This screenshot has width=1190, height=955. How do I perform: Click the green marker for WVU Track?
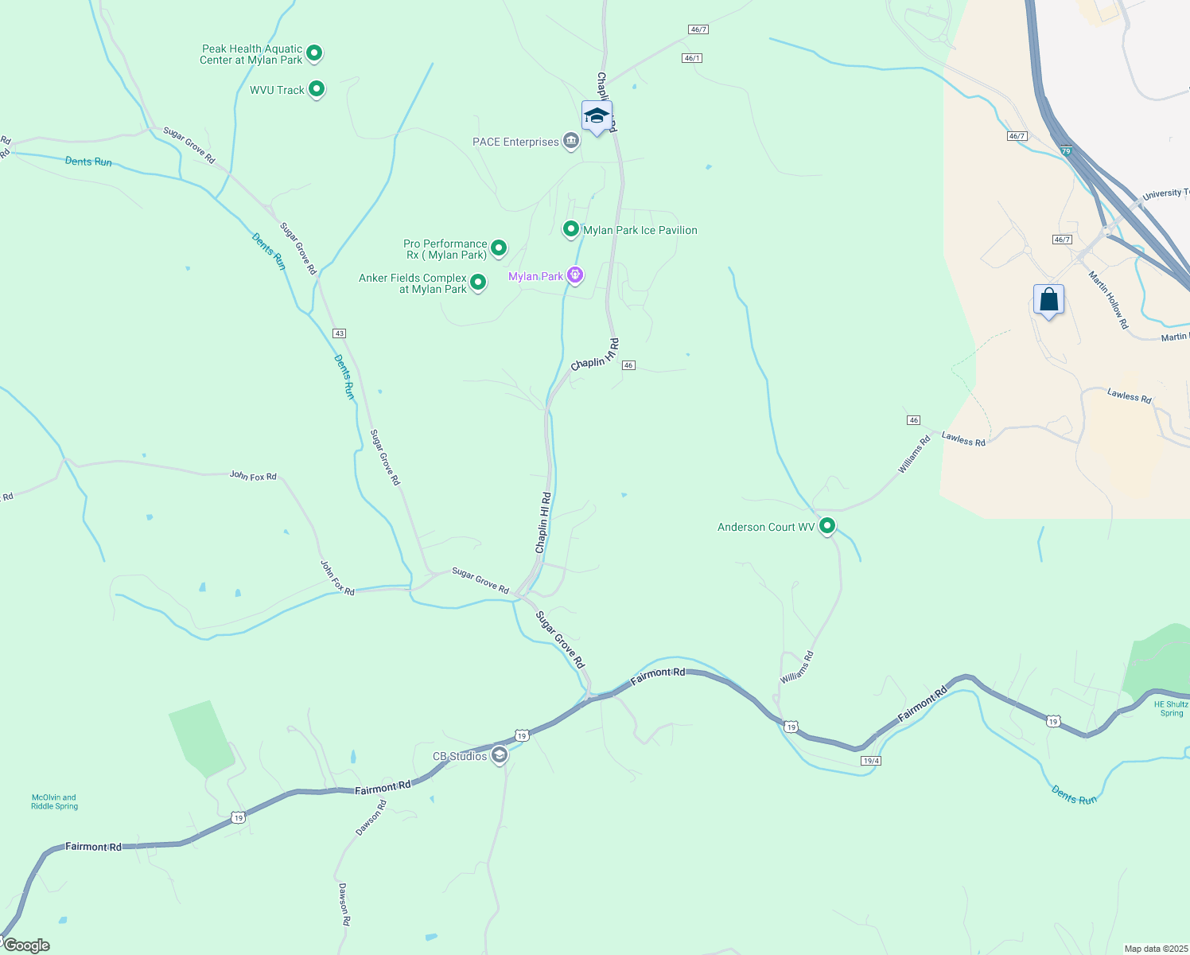point(317,89)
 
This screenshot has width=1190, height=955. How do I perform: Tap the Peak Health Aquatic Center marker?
point(314,53)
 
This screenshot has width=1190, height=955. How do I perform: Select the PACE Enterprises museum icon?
point(570,142)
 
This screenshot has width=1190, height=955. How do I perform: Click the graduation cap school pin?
point(597,116)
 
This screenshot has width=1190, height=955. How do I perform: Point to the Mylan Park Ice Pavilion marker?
point(570,229)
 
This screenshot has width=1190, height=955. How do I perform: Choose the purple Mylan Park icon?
point(575,275)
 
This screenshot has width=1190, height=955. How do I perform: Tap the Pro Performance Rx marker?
point(499,248)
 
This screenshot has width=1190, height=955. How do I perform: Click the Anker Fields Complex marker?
point(478,283)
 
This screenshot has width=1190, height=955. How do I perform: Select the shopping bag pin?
point(1049,300)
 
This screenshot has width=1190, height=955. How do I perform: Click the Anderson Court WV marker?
point(827,526)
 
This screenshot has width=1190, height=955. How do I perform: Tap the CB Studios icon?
point(500,755)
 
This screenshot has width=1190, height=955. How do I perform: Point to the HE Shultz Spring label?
point(1171,708)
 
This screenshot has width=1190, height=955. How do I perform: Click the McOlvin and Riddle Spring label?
point(55,801)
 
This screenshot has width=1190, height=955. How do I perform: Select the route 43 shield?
point(340,333)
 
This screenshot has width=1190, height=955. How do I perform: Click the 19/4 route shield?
point(870,761)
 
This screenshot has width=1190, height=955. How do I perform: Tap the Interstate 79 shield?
point(1066,150)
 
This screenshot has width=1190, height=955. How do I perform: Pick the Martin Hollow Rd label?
point(1109,300)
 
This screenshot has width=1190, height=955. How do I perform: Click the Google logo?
point(26,945)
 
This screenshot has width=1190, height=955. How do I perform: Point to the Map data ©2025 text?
point(1155,949)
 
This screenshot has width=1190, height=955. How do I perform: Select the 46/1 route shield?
point(692,58)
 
